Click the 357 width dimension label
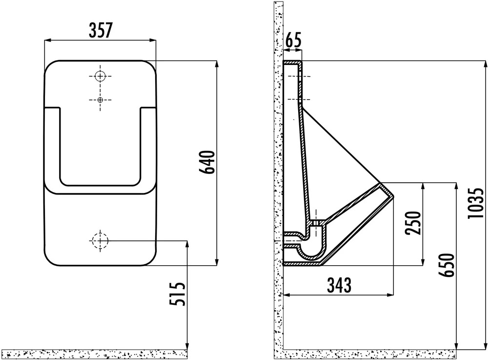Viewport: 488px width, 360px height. [x=100, y=30]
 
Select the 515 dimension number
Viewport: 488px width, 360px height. [x=178, y=294]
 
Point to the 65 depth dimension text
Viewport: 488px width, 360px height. [x=293, y=40]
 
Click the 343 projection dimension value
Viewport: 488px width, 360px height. [x=339, y=285]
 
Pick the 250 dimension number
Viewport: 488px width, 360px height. [x=413, y=223]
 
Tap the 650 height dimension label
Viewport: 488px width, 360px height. [x=447, y=265]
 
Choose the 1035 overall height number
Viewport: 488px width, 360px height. [x=476, y=203]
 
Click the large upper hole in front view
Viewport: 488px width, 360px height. [x=100, y=76]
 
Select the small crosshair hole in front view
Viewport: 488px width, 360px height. [x=100, y=100]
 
